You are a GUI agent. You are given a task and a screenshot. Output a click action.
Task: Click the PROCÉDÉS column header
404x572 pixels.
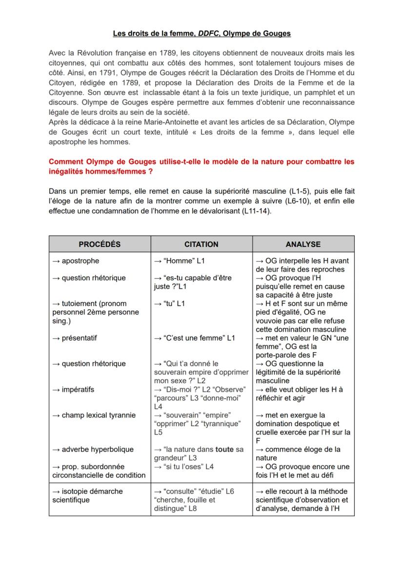(100, 244)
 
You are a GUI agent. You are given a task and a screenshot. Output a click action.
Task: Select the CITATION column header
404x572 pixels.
(201, 244)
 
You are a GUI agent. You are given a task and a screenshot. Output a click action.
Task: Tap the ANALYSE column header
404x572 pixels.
(303, 244)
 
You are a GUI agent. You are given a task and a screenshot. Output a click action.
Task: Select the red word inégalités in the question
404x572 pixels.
(70, 171)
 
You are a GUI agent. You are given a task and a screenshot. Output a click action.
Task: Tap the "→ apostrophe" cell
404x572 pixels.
(76, 261)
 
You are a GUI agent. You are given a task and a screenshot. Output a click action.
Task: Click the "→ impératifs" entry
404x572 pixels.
(73, 390)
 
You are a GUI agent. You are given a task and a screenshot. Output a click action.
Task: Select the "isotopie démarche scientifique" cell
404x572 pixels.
(87, 495)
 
